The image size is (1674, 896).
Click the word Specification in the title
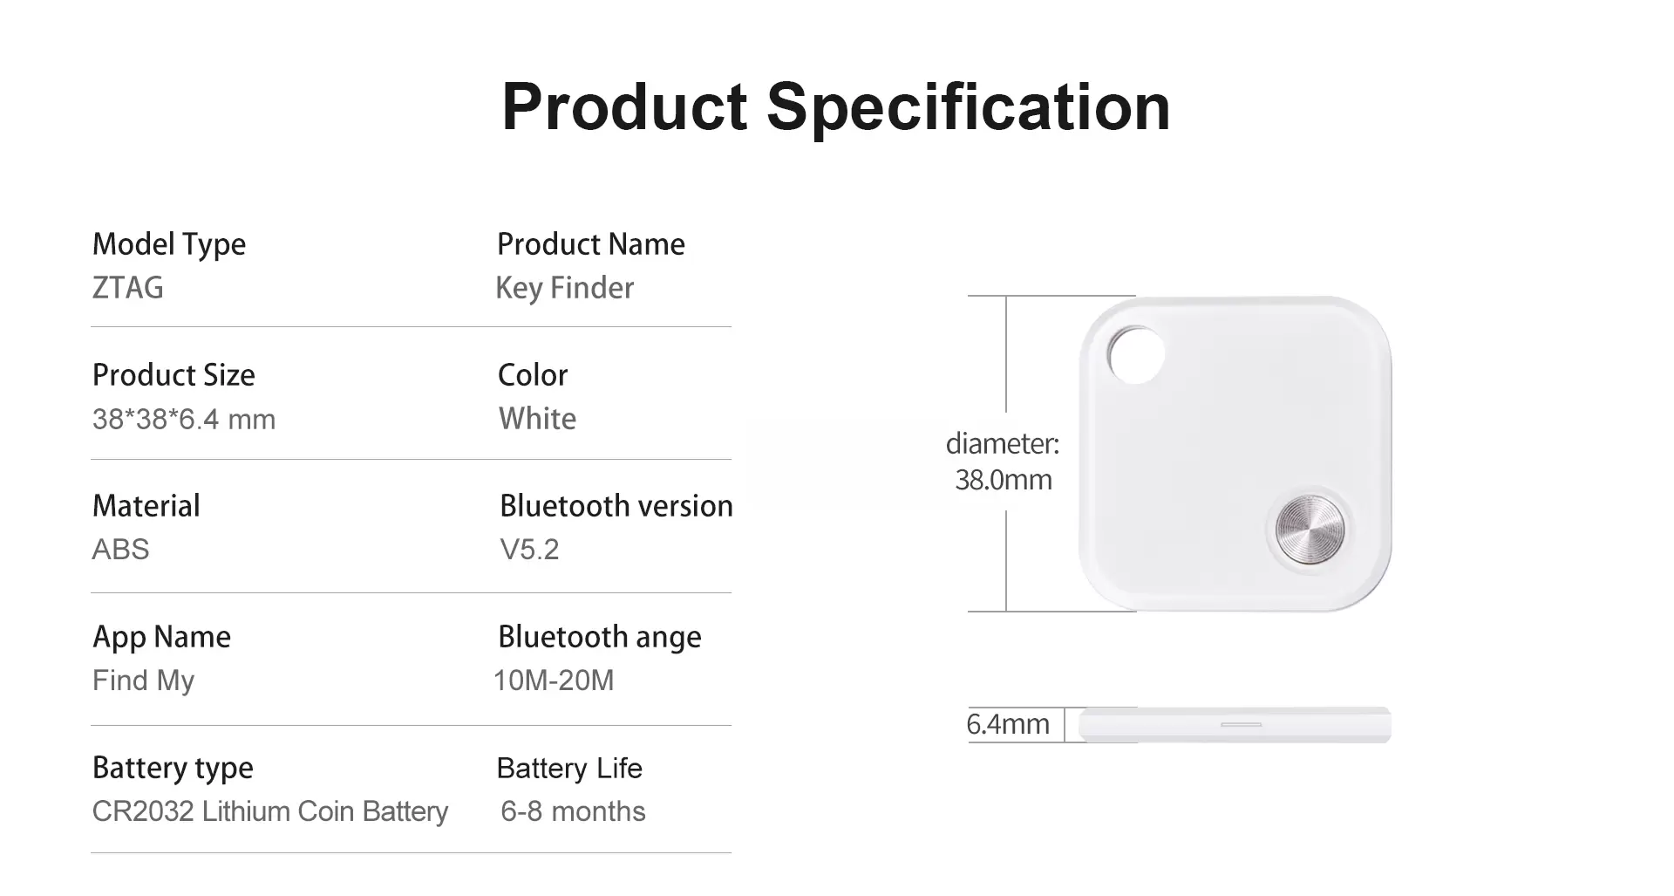(x=968, y=107)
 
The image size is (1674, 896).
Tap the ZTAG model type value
(x=128, y=288)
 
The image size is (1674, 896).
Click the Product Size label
(x=174, y=375)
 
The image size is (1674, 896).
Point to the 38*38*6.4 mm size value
(x=184, y=420)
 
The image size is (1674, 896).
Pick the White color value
(x=537, y=419)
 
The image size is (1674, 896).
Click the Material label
(x=146, y=506)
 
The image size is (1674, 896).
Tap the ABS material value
(x=121, y=550)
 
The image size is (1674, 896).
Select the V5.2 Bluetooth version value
(x=529, y=550)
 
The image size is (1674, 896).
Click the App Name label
(x=162, y=638)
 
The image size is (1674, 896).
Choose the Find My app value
(x=144, y=681)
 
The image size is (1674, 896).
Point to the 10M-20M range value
(x=554, y=681)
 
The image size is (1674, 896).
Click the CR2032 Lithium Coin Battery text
(x=270, y=812)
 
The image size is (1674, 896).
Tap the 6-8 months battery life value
(x=573, y=811)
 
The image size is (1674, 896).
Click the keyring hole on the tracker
(x=1137, y=355)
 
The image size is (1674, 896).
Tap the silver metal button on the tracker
(x=1310, y=529)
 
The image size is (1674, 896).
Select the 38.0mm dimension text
(x=1004, y=480)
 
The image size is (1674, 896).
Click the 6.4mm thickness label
(x=1008, y=724)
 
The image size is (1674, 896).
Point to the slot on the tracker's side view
(x=1241, y=724)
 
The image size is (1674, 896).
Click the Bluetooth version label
(x=616, y=506)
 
